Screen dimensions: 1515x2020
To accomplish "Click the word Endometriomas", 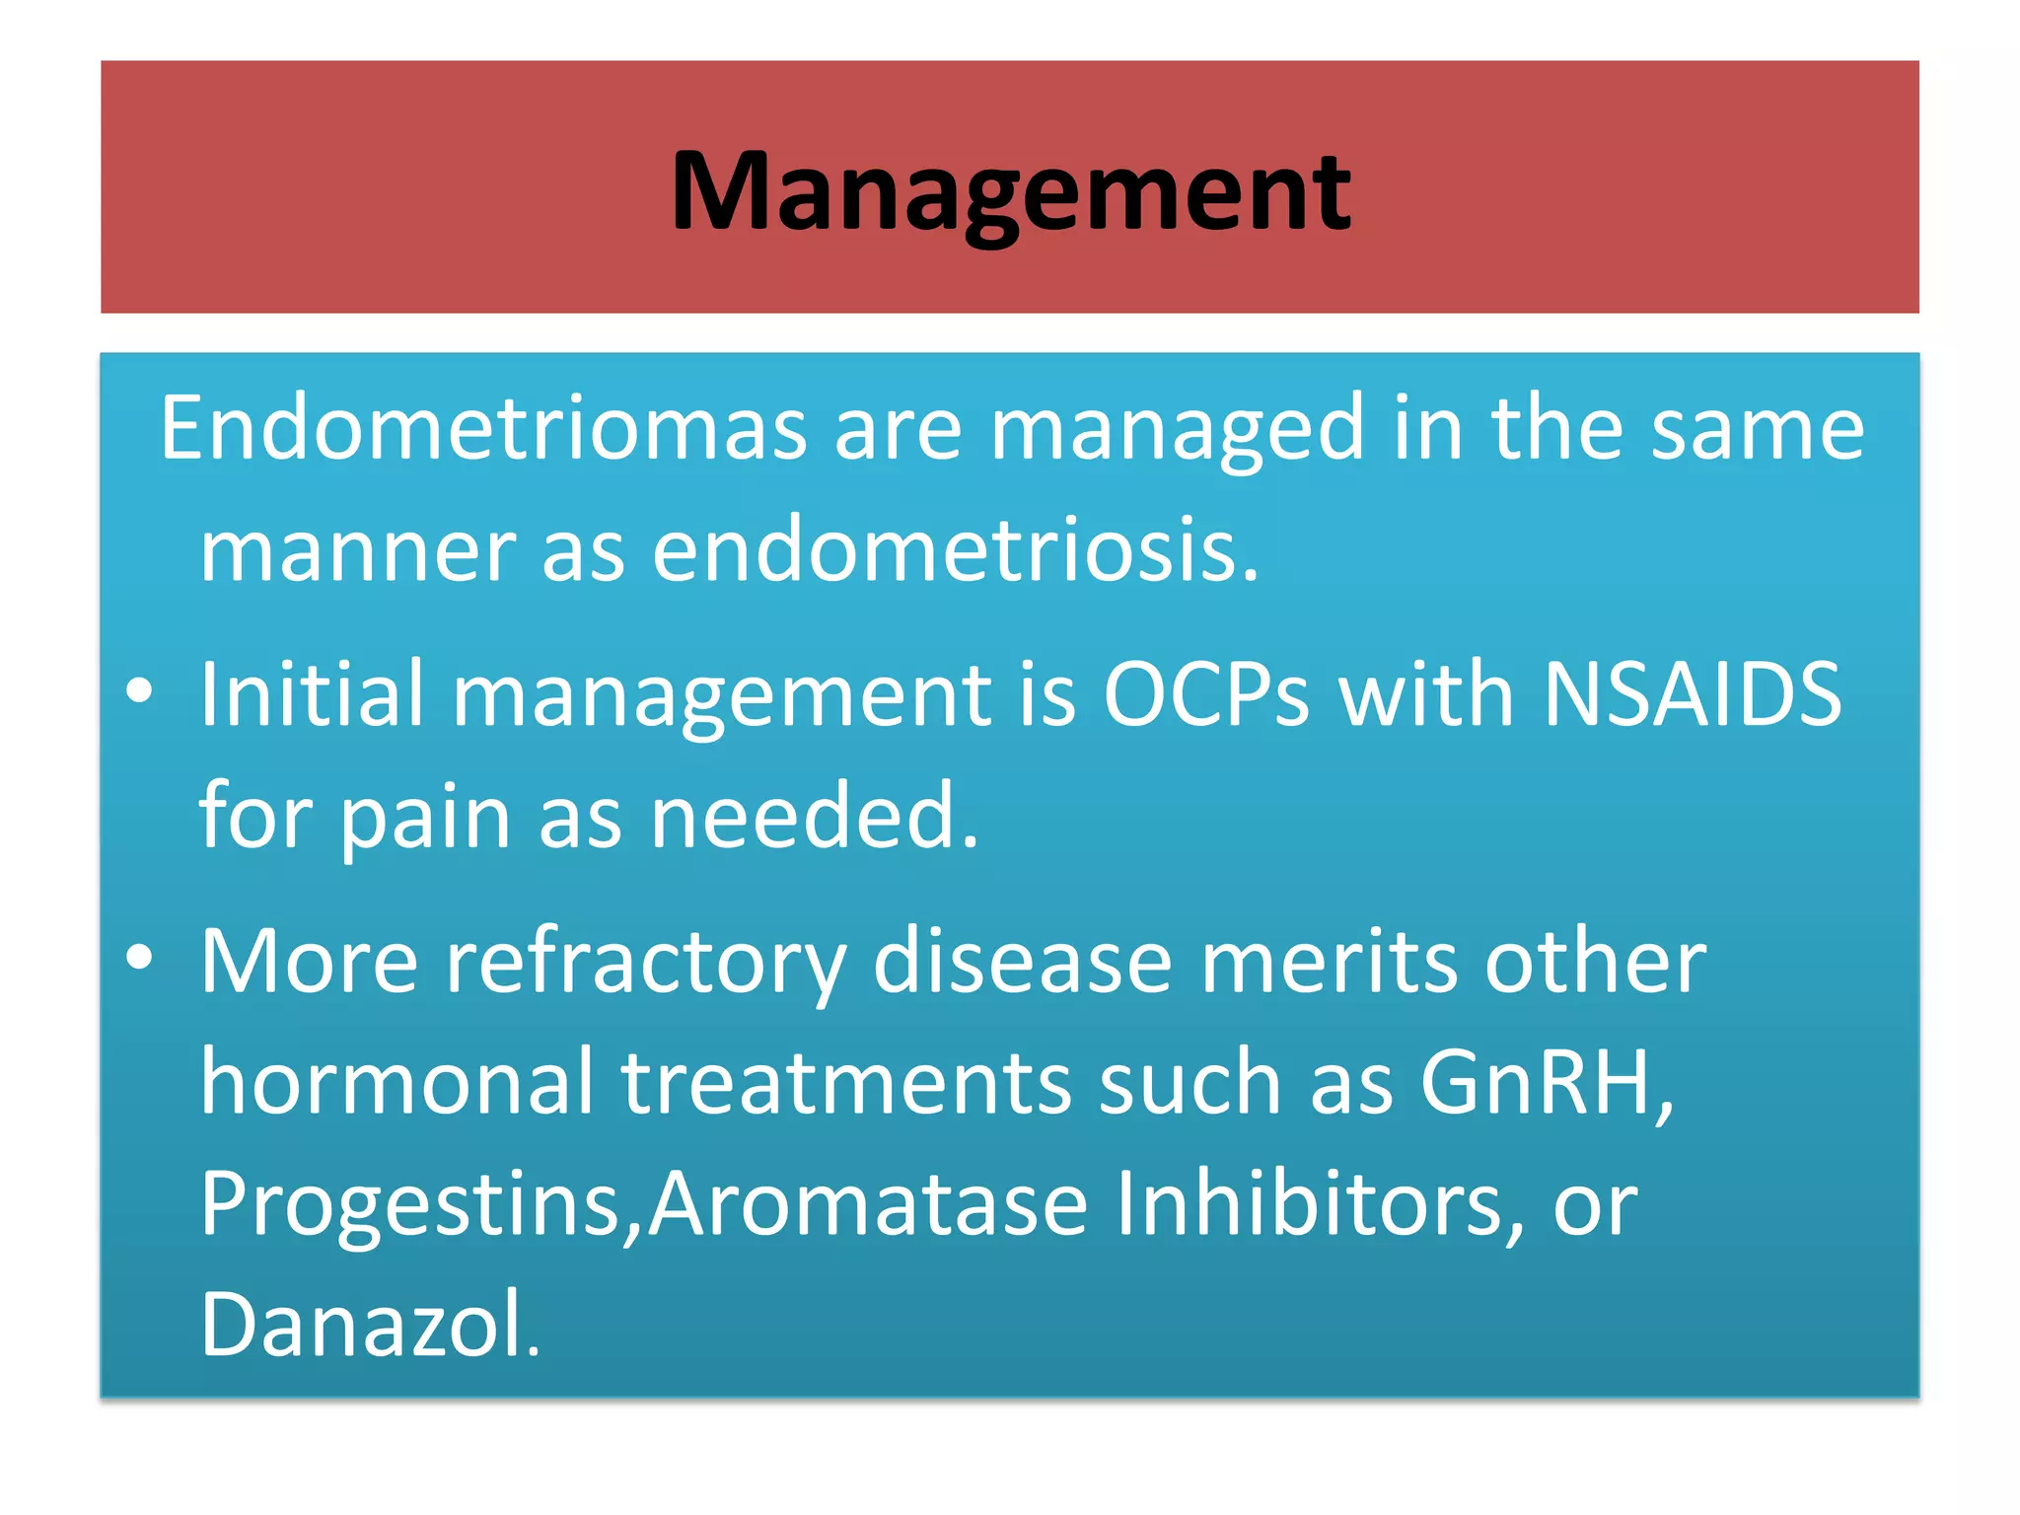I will [x=483, y=428].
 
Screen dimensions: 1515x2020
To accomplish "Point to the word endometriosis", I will [x=955, y=550].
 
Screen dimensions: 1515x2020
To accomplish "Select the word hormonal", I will [x=397, y=1082].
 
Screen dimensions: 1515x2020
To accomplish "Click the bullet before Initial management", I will [x=139, y=691].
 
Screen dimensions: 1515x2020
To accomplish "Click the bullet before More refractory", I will [x=139, y=958].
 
